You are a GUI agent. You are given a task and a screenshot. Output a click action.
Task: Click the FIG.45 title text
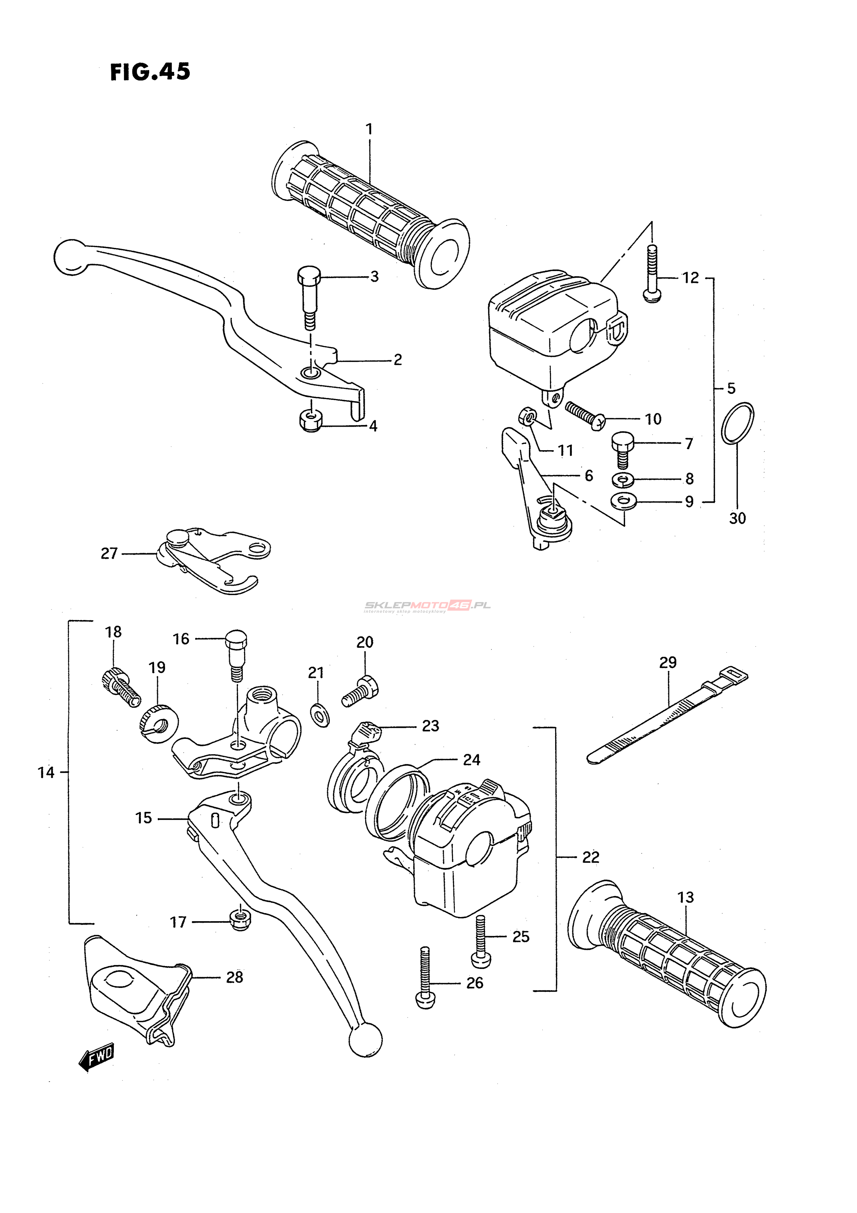pyautogui.click(x=150, y=72)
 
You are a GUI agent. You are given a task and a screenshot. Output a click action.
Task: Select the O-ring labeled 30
pyautogui.click(x=738, y=423)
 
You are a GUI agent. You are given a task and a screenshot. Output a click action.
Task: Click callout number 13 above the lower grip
pyautogui.click(x=685, y=897)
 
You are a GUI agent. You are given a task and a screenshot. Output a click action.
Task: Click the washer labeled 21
pyautogui.click(x=320, y=716)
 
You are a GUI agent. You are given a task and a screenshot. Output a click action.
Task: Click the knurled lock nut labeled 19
pyautogui.click(x=159, y=723)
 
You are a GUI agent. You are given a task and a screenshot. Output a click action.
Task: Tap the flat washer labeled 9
pyautogui.click(x=624, y=501)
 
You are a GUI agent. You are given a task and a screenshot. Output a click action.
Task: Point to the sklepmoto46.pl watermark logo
pyautogui.click(x=427, y=606)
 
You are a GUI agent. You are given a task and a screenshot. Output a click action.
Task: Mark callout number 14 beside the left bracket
pyautogui.click(x=46, y=773)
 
